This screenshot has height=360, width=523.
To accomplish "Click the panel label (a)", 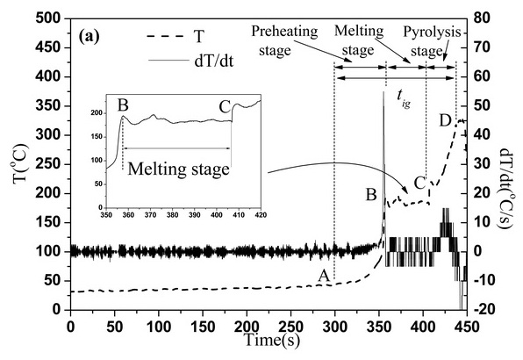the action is [x=90, y=37].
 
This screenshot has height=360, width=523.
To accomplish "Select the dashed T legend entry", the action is [x=176, y=37].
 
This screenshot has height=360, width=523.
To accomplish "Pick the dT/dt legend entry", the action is [x=190, y=61].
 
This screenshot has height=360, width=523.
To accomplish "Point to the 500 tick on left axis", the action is [x=48, y=18].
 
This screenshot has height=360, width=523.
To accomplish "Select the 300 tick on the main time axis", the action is [x=334, y=327].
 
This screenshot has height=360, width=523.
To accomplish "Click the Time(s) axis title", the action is [x=272, y=340].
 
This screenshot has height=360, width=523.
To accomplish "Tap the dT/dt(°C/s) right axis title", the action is [x=505, y=188].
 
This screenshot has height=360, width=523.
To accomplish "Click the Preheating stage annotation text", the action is [x=284, y=40].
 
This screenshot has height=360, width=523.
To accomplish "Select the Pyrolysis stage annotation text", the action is [x=432, y=41].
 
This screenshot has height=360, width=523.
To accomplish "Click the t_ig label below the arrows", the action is [x=404, y=98].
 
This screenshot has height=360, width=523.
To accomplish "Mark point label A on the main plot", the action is [x=324, y=276].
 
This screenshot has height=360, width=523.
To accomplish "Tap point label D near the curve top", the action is [x=445, y=120].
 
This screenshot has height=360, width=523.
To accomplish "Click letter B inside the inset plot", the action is [x=123, y=105].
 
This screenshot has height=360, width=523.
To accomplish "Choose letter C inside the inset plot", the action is [x=225, y=107].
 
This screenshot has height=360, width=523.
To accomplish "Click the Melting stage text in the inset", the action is [x=178, y=169].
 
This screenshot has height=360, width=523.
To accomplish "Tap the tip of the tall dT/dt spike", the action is [x=383, y=91].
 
